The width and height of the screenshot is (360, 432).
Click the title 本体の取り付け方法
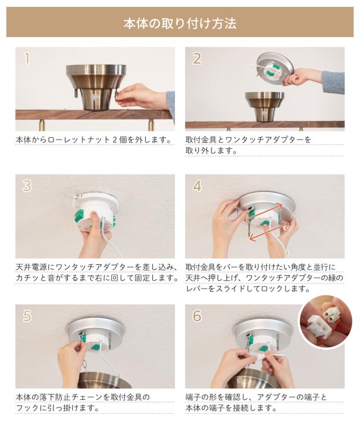180,24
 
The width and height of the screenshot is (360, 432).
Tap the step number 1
27,58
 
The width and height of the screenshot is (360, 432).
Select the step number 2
197,58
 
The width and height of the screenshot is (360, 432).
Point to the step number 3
27,186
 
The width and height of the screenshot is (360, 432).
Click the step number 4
197,186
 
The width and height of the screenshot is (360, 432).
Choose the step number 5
27,316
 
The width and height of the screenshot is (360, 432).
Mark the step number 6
197,316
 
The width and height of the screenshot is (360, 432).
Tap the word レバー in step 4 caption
197,289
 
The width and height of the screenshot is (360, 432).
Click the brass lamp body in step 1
96,87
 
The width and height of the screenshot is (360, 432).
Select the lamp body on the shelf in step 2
265,106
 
